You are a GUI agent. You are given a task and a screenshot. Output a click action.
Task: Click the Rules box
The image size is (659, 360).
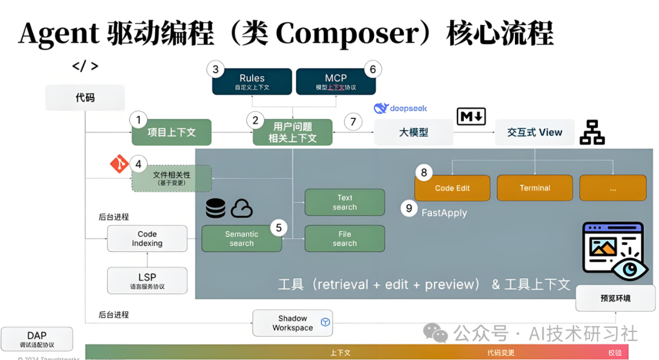[x=251, y=82]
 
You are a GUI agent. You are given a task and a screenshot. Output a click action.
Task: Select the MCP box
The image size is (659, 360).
[x=336, y=82]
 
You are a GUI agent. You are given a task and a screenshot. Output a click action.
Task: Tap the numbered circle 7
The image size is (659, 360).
[x=353, y=121]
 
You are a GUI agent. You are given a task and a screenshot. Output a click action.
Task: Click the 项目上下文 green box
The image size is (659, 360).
[x=171, y=132]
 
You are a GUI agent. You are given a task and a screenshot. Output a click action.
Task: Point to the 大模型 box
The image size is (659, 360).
[x=413, y=132]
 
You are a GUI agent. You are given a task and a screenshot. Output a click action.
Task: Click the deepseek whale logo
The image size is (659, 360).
[x=381, y=109]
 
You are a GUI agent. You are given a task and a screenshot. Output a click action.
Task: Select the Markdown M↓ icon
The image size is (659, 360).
[x=471, y=116]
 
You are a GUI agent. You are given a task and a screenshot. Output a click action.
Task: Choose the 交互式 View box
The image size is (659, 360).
[x=535, y=132]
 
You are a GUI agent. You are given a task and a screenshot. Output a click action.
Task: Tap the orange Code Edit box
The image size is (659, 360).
[x=452, y=189]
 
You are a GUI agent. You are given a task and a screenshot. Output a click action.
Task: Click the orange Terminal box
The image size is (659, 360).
[x=535, y=189]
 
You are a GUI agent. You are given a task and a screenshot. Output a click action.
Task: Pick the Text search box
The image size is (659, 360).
[x=345, y=202]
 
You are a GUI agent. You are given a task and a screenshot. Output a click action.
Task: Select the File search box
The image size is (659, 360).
[x=345, y=239]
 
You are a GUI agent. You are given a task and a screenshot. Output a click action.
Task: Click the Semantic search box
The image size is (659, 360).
[x=242, y=239]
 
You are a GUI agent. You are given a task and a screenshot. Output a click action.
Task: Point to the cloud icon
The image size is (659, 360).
[x=242, y=209]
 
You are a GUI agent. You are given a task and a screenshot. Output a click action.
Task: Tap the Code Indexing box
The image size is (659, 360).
[x=147, y=239]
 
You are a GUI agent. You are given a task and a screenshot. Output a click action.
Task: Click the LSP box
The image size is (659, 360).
[x=147, y=281]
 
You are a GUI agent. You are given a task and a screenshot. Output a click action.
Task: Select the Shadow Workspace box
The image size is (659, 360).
[x=293, y=323]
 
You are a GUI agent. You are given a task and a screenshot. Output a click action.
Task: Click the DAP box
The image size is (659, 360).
[x=37, y=339]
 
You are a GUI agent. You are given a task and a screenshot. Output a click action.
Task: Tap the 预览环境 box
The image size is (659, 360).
[x=615, y=298]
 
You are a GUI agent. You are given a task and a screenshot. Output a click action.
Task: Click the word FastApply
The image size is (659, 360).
[x=444, y=213]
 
